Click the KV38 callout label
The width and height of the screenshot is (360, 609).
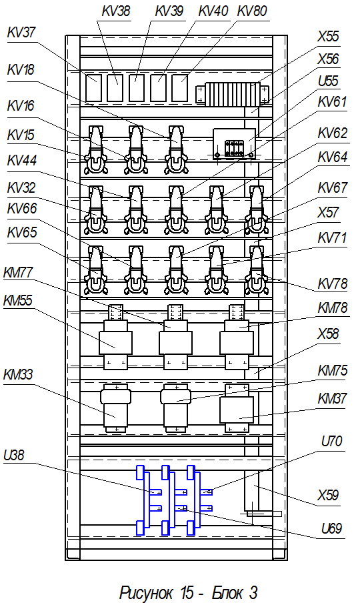(116, 11)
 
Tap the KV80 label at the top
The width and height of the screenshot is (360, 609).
(252, 11)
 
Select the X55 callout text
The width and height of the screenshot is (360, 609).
(328, 37)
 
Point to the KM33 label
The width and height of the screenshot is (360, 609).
(18, 375)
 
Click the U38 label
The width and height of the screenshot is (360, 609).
(13, 455)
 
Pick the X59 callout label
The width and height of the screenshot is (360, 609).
(328, 495)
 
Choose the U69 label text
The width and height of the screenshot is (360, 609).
(331, 528)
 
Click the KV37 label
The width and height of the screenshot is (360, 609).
(21, 33)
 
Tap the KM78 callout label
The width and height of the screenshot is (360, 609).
(333, 308)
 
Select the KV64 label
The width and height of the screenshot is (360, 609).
(333, 157)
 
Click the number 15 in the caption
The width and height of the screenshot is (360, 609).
(187, 593)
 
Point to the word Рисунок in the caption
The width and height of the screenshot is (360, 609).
(145, 593)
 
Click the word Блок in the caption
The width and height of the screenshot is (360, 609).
(227, 593)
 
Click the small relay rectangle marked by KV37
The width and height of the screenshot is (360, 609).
(93, 88)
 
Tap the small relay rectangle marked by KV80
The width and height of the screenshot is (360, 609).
(180, 88)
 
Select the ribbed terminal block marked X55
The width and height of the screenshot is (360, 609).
(232, 94)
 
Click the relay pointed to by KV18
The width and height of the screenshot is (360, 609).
(176, 149)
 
